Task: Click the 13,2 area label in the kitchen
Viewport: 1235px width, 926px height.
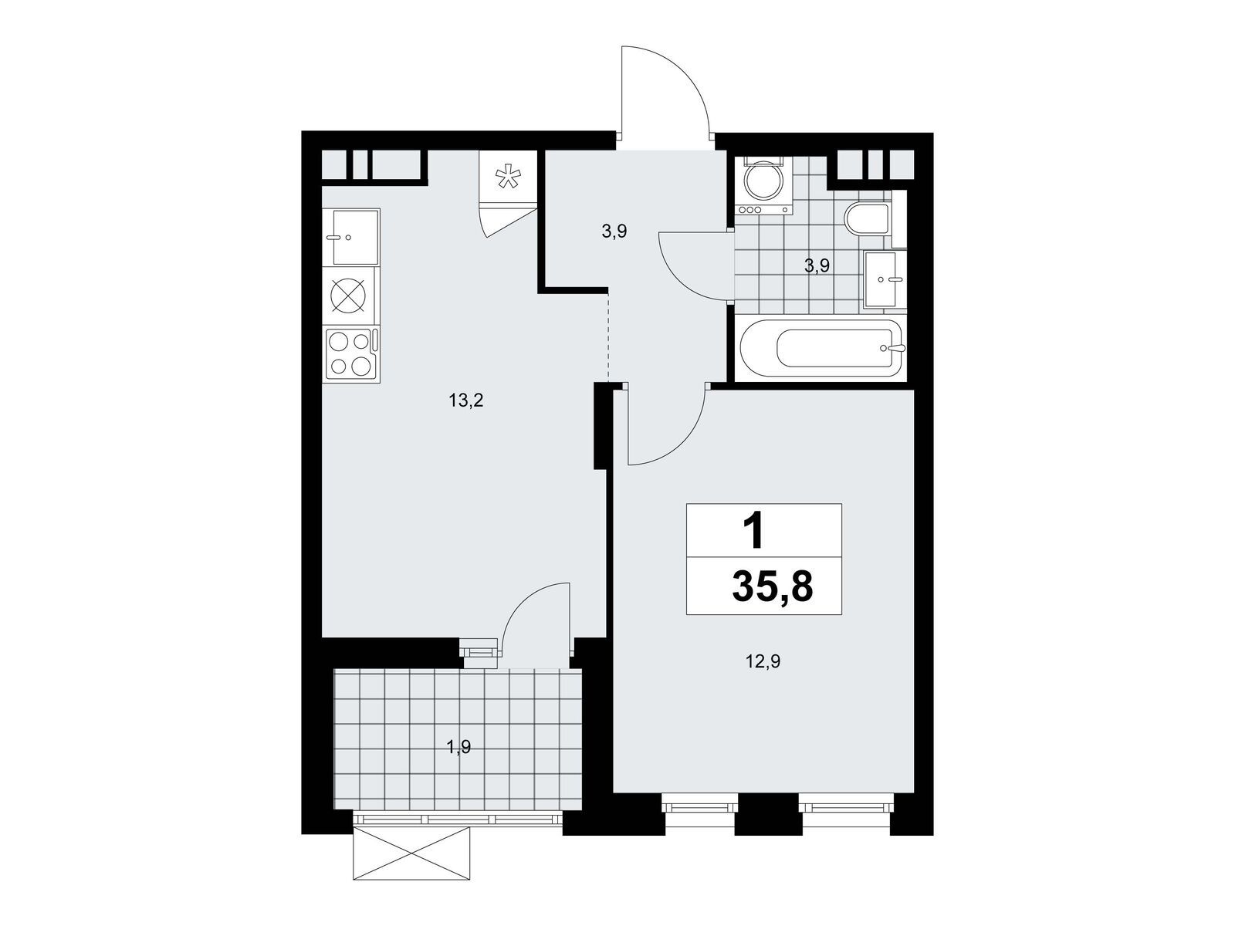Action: [466, 400]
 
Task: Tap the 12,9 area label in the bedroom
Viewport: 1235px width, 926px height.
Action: [763, 662]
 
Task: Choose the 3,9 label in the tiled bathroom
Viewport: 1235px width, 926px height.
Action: [817, 266]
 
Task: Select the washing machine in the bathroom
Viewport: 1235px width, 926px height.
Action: [764, 184]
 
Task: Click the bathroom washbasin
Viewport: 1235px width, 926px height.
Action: [883, 279]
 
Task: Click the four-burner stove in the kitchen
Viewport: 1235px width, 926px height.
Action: [352, 354]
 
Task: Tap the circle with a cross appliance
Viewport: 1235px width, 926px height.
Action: [350, 296]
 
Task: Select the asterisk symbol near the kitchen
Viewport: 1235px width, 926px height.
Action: [508, 177]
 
